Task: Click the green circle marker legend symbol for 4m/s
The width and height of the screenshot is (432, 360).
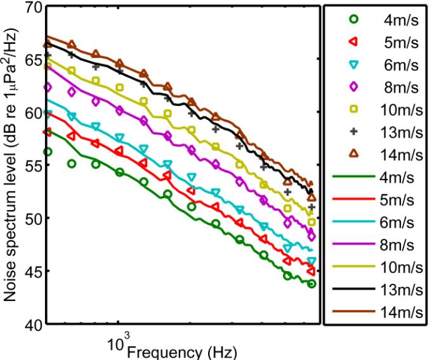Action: (353, 19)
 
